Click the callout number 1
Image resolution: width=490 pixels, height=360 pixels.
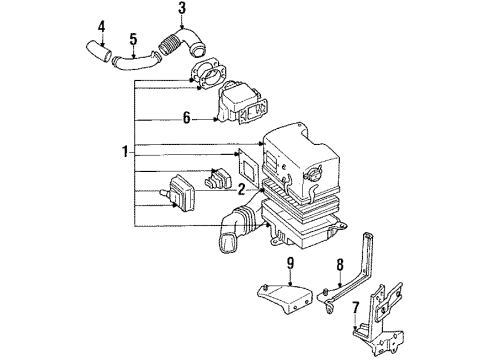click(x=125, y=152)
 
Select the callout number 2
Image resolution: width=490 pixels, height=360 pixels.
click(x=241, y=190)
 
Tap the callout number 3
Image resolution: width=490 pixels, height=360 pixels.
click(x=182, y=9)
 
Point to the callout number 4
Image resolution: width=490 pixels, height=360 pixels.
click(x=101, y=27)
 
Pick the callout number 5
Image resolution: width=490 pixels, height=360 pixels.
click(x=133, y=39)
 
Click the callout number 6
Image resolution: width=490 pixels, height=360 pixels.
click(x=187, y=118)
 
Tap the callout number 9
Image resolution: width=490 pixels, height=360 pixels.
click(x=291, y=263)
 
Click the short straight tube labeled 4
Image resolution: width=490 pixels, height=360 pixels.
click(x=99, y=52)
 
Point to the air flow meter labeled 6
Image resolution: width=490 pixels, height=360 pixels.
click(x=243, y=103)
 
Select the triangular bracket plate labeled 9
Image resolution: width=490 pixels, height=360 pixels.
click(x=285, y=297)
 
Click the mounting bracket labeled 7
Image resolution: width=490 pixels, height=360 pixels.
click(x=378, y=320)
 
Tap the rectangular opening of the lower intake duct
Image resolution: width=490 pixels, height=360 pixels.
click(x=227, y=243)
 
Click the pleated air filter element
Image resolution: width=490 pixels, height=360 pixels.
click(x=300, y=200)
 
